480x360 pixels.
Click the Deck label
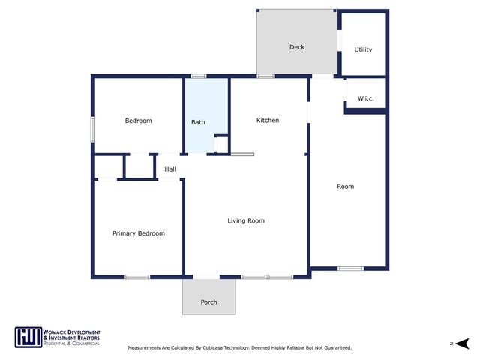[x=297, y=47]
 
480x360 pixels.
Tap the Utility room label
[x=363, y=50]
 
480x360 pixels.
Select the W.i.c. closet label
[x=365, y=98]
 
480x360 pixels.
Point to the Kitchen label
[x=268, y=120]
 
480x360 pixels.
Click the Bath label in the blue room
[x=198, y=122]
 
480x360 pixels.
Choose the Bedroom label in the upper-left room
[x=138, y=121]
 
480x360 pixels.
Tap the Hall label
[x=170, y=169]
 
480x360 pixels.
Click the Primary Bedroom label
[x=138, y=233]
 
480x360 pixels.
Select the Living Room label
[x=246, y=220]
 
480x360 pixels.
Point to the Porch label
[x=208, y=302]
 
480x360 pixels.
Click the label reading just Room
[x=345, y=186]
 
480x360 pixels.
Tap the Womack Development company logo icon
[x=28, y=337]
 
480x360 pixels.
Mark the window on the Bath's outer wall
[x=199, y=76]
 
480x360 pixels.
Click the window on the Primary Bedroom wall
[x=137, y=277]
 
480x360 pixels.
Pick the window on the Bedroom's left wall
[x=92, y=128]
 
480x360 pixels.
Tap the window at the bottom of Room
[x=350, y=268]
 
